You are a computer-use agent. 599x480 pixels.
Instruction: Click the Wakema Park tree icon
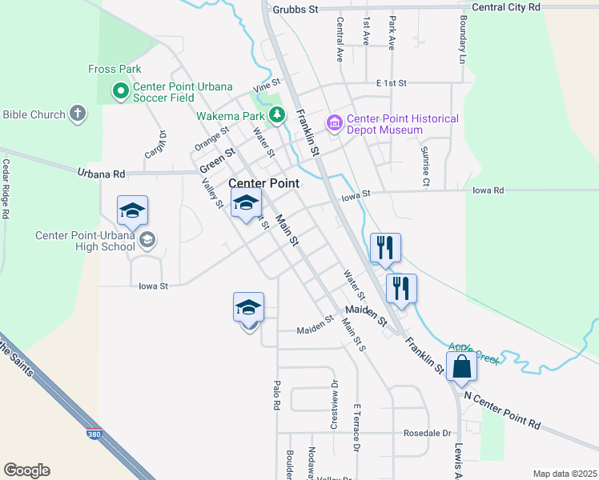(277, 115)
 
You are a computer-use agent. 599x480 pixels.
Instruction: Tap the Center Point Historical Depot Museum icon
(334, 122)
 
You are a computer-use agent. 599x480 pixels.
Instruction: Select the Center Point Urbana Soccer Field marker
(121, 91)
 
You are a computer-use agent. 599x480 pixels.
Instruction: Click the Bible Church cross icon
(78, 114)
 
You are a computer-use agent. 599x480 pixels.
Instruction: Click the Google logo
(26, 470)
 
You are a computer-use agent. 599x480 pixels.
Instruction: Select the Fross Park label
(115, 70)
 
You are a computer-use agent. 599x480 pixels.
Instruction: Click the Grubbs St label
(295, 9)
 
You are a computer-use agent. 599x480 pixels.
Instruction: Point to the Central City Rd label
(506, 6)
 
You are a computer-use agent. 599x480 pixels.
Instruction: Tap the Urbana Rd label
(102, 173)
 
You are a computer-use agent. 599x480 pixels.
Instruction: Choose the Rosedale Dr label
(428, 433)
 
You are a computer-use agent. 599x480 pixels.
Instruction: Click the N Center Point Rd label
(503, 409)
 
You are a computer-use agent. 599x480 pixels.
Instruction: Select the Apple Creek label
(474, 354)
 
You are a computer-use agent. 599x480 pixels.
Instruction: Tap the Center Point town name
(264, 183)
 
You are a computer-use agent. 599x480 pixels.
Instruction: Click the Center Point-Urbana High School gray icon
(147, 239)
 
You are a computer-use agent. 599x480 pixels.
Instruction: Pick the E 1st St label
(392, 82)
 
